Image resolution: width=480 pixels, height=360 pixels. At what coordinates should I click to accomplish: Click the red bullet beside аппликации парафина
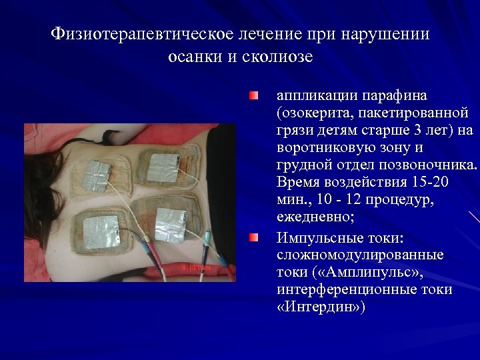pyautogui.click(x=253, y=97)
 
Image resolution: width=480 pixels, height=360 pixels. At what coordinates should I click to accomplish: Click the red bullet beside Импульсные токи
pyautogui.click(x=253, y=238)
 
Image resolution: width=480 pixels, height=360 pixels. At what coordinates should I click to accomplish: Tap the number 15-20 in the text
pyautogui.click(x=423, y=183)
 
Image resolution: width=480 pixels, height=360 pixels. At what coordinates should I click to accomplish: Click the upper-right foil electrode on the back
pyautogui.click(x=163, y=167)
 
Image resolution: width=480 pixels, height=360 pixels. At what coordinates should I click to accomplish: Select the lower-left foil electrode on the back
pyautogui.click(x=101, y=230)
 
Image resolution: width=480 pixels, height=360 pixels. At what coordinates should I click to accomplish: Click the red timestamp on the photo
pyautogui.click(x=195, y=267)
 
